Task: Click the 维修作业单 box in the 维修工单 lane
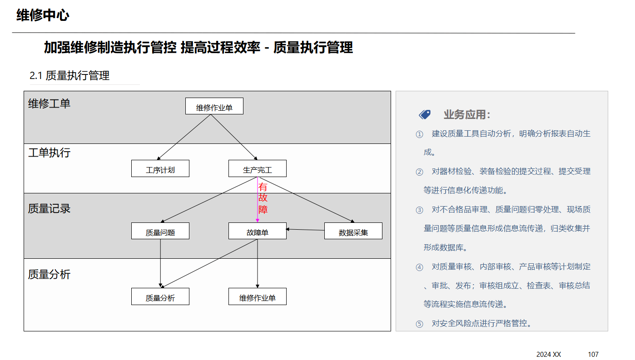[x=214, y=106]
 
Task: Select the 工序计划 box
[x=160, y=168]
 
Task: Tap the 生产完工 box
[x=258, y=168]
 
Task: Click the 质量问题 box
[x=160, y=231]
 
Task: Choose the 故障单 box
[x=258, y=231]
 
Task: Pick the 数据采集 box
[x=353, y=231]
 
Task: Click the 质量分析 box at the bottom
[x=160, y=296]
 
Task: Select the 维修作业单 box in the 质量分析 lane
[x=258, y=296]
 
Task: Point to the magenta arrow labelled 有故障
[x=258, y=200]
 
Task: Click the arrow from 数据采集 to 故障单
[x=305, y=230]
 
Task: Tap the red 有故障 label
[x=263, y=198]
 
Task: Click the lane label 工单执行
[x=50, y=153]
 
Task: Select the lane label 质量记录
[x=50, y=209]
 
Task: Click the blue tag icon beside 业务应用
[x=425, y=114]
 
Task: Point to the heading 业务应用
[x=467, y=114]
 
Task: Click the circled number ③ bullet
[x=419, y=210]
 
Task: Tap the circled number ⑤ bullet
[x=419, y=324]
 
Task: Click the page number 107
[x=593, y=354]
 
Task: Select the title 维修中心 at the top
[x=43, y=15]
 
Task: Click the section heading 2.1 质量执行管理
[x=69, y=75]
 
